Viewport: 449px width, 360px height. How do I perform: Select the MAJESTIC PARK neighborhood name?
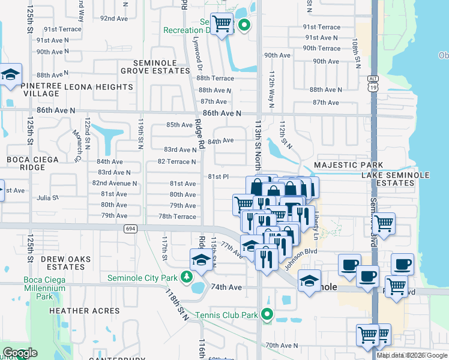(x=348, y=165)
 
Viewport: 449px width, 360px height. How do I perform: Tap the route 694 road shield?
(x=130, y=229)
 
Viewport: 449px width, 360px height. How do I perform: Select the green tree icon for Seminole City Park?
(x=187, y=277)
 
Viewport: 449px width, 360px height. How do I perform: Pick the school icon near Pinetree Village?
(x=10, y=75)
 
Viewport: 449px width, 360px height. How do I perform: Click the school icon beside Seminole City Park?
(x=200, y=260)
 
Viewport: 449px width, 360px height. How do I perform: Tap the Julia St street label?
(x=48, y=197)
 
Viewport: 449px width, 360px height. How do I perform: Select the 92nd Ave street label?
(x=114, y=19)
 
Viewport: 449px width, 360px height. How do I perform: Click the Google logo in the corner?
(x=20, y=353)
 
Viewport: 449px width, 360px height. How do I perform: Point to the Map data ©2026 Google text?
(x=412, y=355)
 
